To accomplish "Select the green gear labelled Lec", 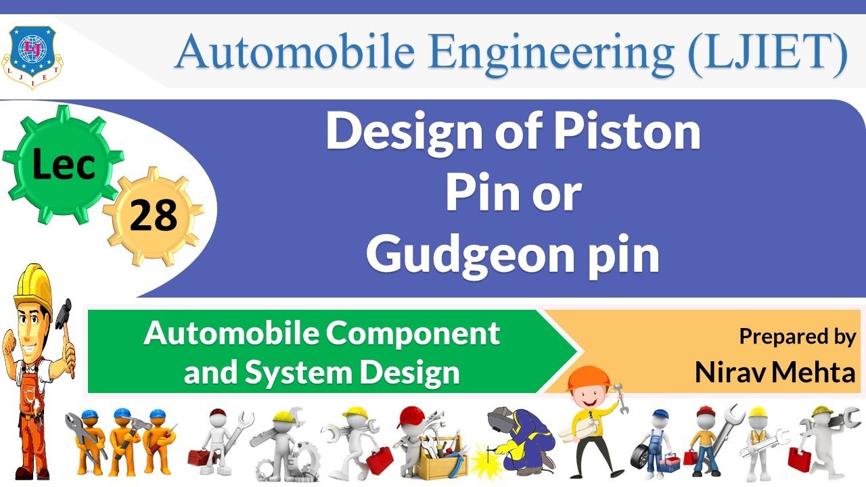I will coord(63,162).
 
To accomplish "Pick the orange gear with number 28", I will coord(153,216).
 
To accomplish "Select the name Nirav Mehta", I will coord(775,372).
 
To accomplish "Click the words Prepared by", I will coord(797,336).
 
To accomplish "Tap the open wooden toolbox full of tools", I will coord(440,457).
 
